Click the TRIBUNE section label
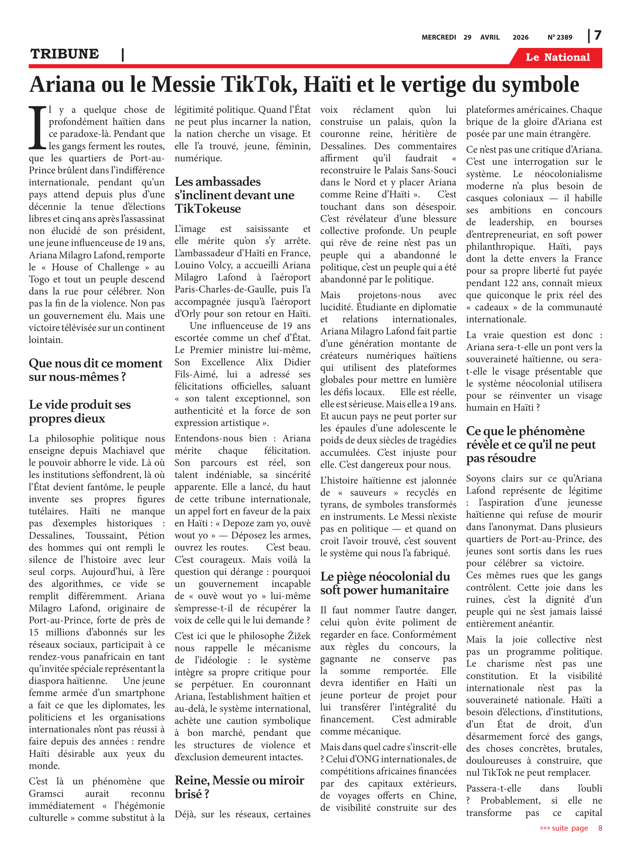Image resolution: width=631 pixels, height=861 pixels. (65, 54)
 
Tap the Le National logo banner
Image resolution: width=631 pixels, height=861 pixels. (557, 57)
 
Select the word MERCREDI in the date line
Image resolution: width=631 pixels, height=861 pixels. (439, 37)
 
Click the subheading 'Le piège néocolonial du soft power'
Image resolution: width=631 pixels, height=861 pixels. (385, 583)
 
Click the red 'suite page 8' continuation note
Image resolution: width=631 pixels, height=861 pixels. (570, 828)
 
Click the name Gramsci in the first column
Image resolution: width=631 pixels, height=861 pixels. (46, 793)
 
